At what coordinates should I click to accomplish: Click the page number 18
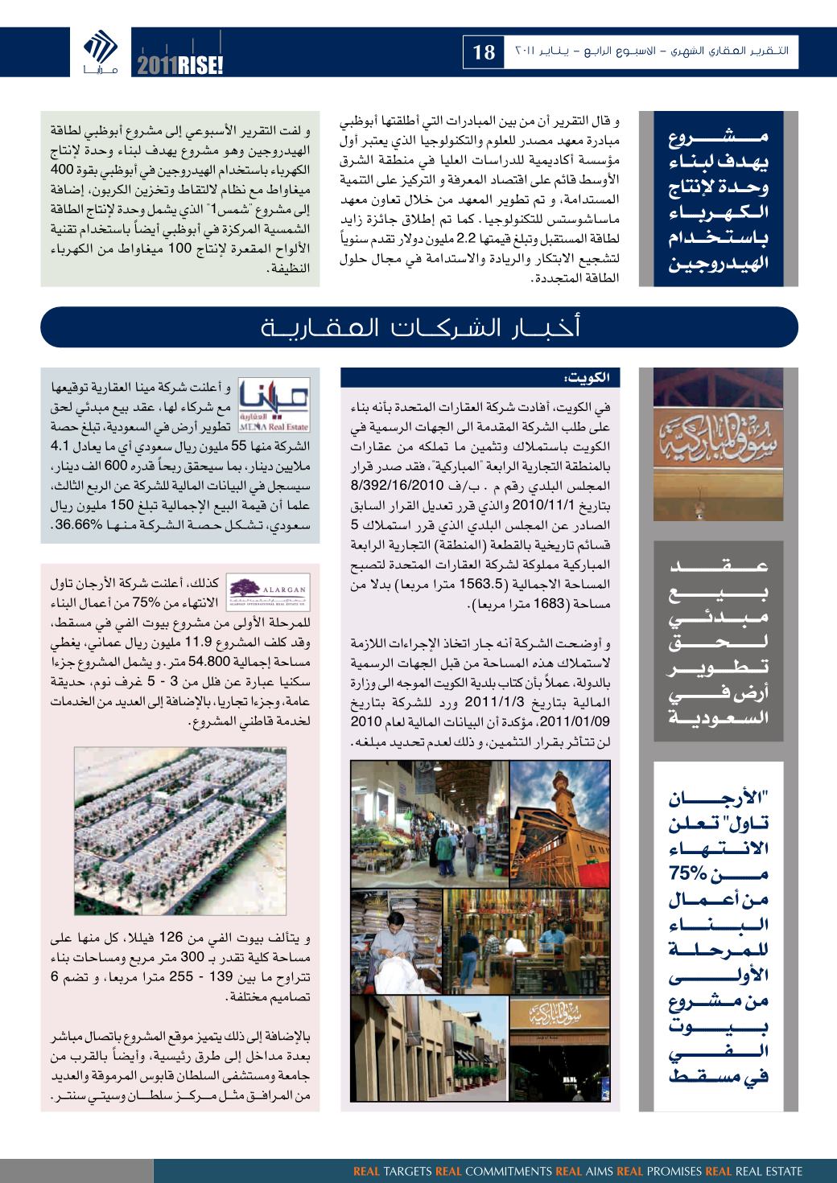[484, 53]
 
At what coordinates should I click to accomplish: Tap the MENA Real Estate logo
[275, 406]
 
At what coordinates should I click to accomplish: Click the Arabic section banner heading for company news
[418, 328]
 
